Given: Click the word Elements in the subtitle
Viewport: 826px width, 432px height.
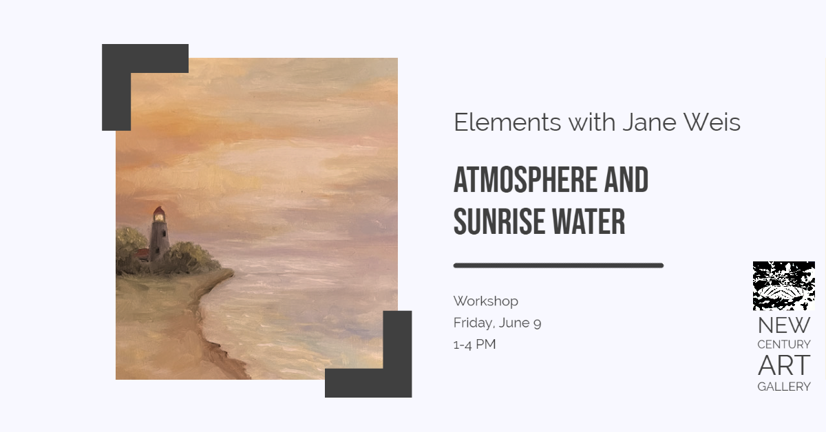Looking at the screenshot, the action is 507,122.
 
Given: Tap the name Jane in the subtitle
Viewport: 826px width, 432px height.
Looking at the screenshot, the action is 648,122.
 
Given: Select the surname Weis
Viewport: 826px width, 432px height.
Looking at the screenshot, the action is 712,122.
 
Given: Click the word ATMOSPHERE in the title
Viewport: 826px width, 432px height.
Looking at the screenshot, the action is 525,180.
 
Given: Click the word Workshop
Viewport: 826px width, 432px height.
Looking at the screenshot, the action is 486,301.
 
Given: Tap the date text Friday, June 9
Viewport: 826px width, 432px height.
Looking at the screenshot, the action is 497,323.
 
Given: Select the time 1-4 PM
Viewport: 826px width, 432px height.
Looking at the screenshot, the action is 474,344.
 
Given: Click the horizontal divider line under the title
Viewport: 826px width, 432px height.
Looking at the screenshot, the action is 558,266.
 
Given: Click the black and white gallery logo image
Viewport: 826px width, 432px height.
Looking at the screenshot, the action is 783,285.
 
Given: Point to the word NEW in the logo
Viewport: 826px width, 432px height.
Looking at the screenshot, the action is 784,325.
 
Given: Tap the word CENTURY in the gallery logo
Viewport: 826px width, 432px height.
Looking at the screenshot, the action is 784,344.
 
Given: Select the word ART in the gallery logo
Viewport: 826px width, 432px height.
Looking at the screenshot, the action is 784,365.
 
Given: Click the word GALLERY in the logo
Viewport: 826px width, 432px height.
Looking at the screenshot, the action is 784,387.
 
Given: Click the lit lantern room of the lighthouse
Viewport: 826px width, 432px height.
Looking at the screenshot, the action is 159,217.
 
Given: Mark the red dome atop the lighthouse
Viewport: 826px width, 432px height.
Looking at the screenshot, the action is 158,210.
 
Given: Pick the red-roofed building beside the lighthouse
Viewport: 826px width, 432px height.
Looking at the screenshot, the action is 141,254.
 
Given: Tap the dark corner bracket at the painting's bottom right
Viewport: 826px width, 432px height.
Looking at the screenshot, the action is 397,382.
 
